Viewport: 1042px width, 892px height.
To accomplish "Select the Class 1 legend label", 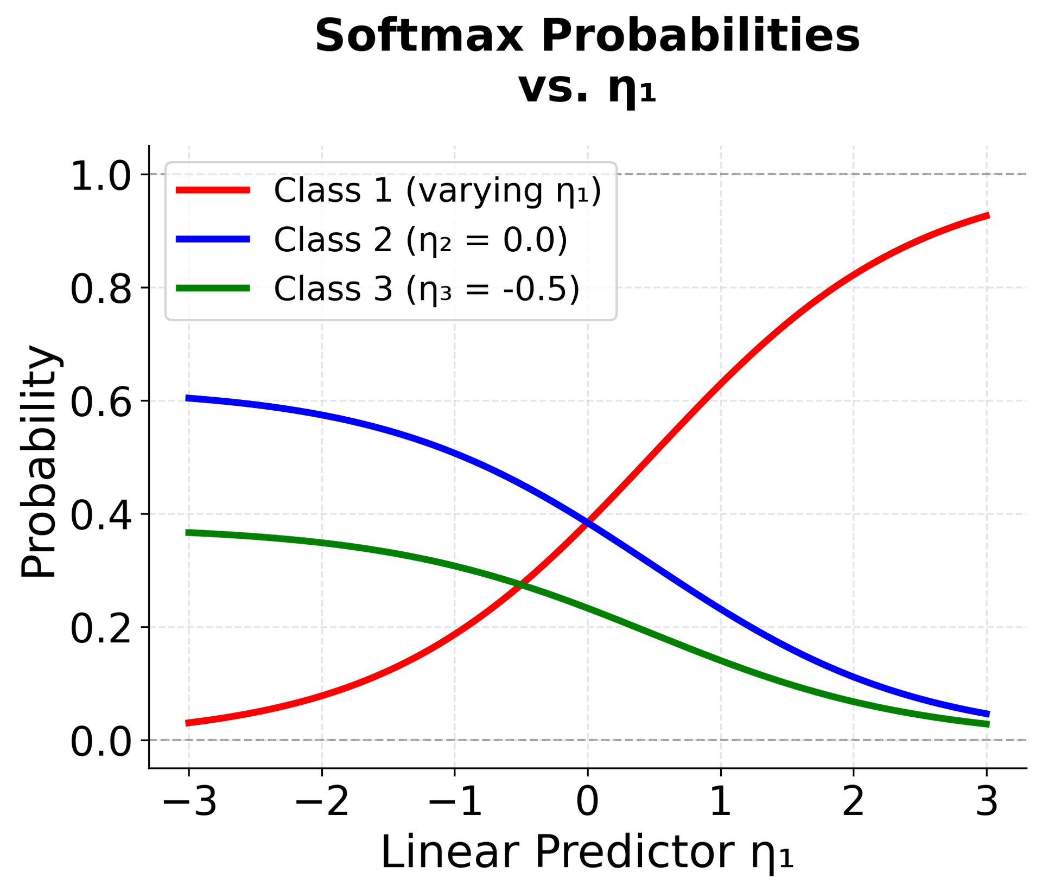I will click(437, 190).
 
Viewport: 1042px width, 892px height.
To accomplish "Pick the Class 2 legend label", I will click(421, 239).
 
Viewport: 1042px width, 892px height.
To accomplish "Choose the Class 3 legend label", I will click(427, 288).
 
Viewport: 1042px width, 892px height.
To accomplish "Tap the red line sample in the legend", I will click(213, 190).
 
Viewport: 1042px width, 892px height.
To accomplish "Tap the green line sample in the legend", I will click(213, 288).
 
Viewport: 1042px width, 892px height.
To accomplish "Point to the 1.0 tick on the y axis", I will click(101, 175).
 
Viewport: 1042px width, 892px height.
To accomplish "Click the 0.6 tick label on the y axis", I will click(101, 402).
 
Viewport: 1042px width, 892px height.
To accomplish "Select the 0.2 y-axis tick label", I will click(101, 628).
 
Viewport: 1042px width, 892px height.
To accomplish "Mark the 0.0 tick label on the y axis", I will click(101, 741).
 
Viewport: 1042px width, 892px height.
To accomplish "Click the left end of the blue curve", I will click(187, 398).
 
